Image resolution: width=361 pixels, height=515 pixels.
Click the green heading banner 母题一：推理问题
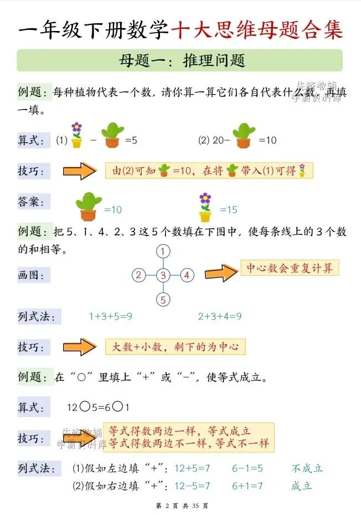click(180, 60)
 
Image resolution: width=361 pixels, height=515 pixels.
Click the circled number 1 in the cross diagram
click(162, 252)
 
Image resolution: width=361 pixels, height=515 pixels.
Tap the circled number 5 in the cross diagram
click(162, 300)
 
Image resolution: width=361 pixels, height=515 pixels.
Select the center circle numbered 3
click(162, 275)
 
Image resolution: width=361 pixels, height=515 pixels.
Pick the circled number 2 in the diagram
click(138, 275)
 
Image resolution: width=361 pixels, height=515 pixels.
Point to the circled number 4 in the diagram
click(187, 275)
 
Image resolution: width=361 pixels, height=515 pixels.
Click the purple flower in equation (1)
click(76, 135)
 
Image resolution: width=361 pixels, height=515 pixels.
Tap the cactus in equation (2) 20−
click(244, 135)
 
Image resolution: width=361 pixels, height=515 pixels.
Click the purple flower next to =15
click(205, 207)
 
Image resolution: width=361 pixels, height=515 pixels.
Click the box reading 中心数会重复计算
click(290, 269)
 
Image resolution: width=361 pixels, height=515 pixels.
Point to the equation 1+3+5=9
click(110, 317)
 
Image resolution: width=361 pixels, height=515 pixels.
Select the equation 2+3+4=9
click(220, 317)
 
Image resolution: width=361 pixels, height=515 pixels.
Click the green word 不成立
click(307, 468)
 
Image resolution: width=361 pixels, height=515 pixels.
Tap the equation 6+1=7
click(247, 486)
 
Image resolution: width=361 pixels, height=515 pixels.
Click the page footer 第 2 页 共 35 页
click(180, 506)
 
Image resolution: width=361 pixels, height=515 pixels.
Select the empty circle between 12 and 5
click(85, 407)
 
